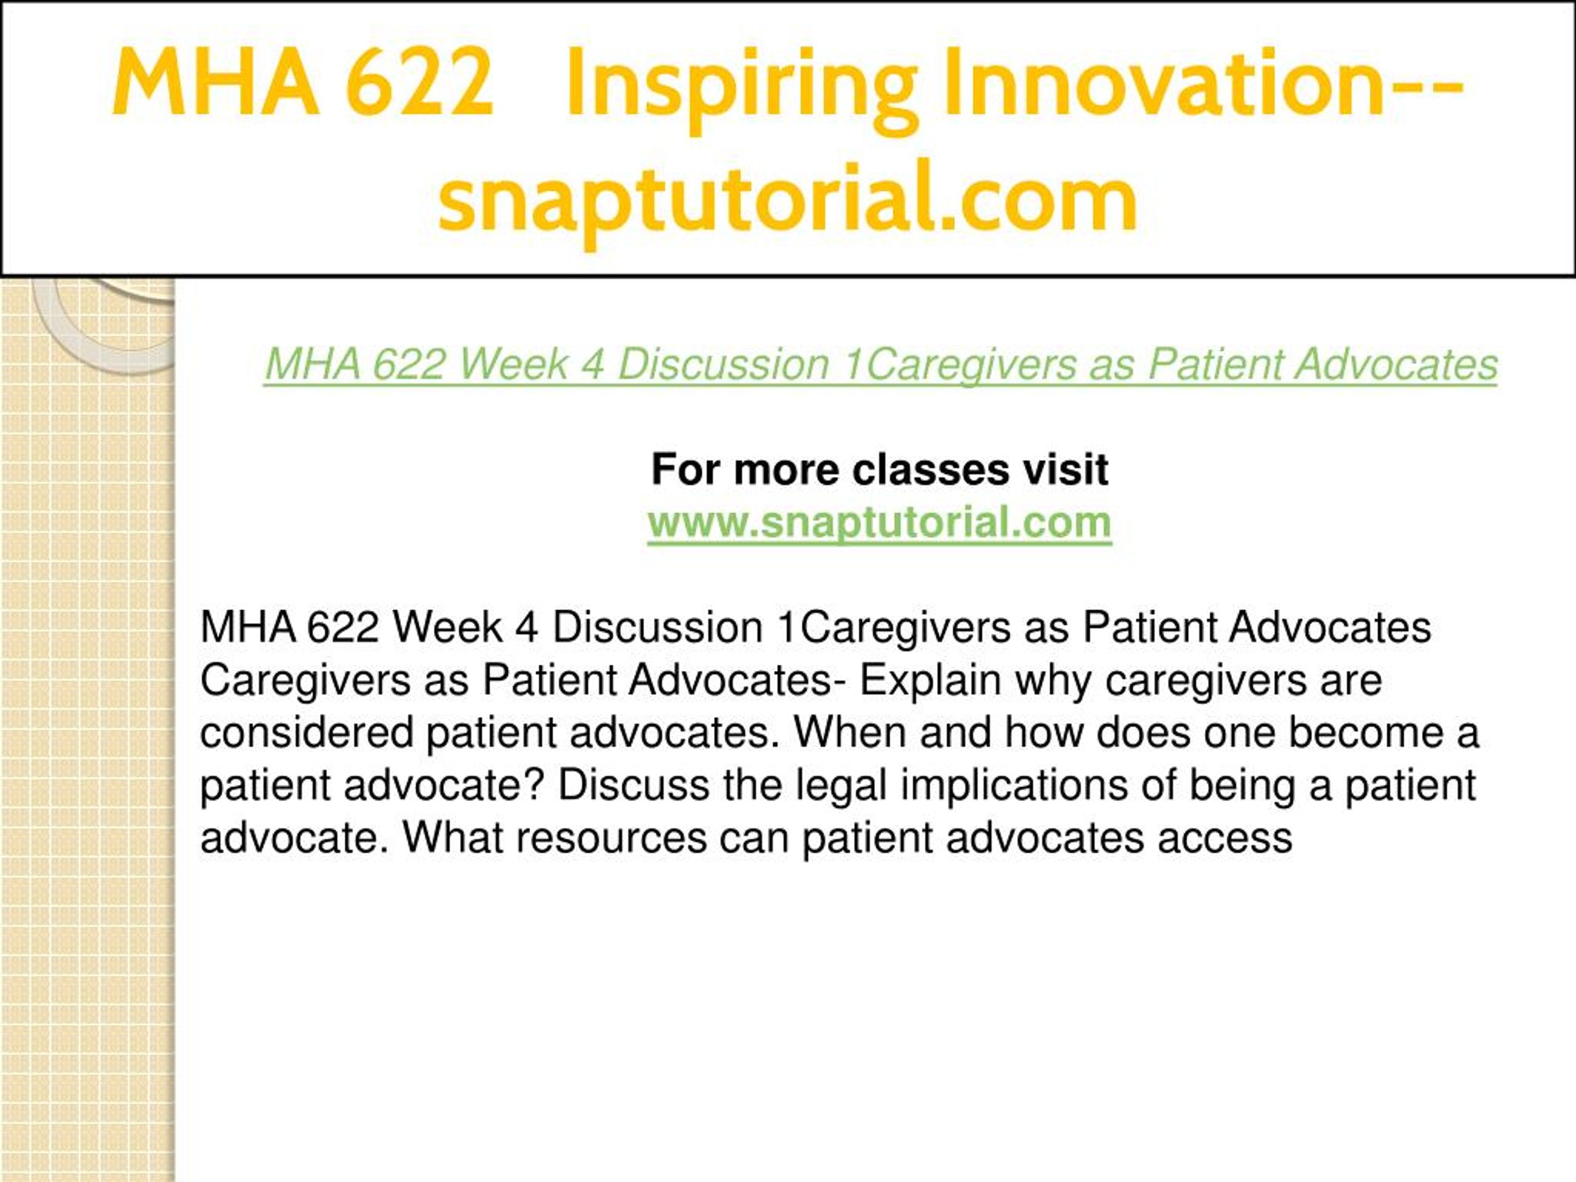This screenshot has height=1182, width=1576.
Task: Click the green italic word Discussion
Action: [723, 364]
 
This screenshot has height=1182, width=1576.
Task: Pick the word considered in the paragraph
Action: [307, 733]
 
